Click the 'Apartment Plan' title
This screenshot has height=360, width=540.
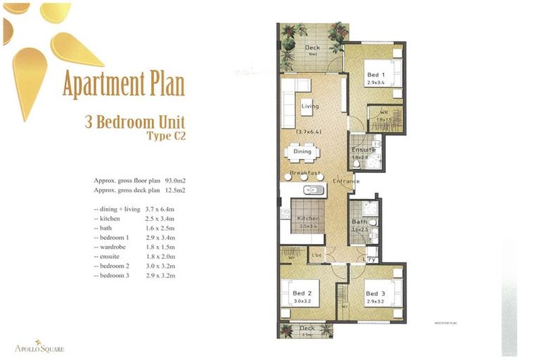[x=123, y=84]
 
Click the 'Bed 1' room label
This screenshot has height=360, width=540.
[x=375, y=75]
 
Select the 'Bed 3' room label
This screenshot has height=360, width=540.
[x=375, y=293]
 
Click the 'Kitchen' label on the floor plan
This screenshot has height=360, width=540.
[x=308, y=219]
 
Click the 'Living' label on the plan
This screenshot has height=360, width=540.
[x=309, y=106]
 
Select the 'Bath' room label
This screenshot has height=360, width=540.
[x=359, y=222]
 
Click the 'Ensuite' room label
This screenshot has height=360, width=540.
[x=364, y=150]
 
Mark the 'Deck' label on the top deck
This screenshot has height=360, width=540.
[x=312, y=48]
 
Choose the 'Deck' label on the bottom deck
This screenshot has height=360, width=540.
[x=307, y=328]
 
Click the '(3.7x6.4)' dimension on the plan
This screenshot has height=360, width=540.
[x=307, y=131]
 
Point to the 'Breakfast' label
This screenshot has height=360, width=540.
[x=305, y=173]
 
